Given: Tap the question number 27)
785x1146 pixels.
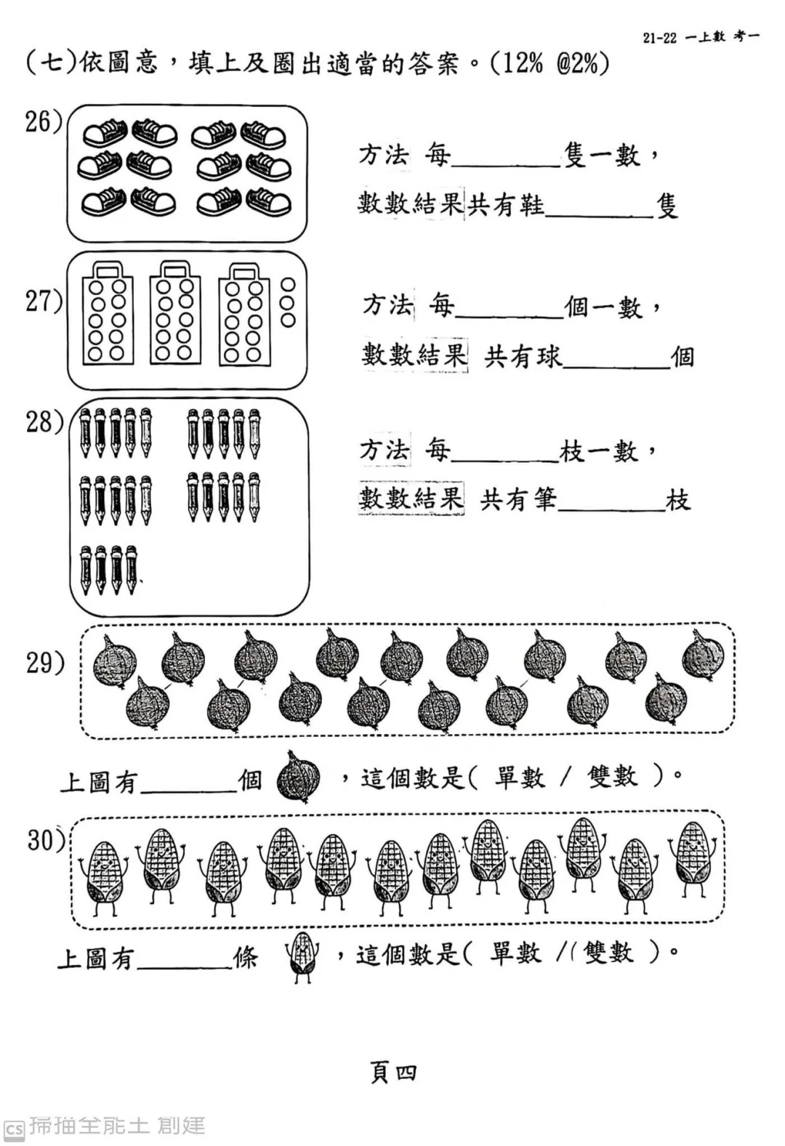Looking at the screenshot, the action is (x=44, y=301).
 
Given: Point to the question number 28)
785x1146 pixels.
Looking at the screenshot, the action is (x=44, y=423).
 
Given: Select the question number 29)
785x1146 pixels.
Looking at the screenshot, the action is (x=45, y=663).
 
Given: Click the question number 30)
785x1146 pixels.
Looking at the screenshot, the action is (x=46, y=839).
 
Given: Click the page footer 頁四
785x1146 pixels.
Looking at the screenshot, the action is (x=393, y=1073).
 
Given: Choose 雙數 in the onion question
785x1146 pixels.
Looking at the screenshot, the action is (x=612, y=777).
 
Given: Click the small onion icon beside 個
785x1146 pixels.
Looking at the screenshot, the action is (x=298, y=777).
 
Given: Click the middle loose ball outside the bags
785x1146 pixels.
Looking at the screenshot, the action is (x=288, y=303).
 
